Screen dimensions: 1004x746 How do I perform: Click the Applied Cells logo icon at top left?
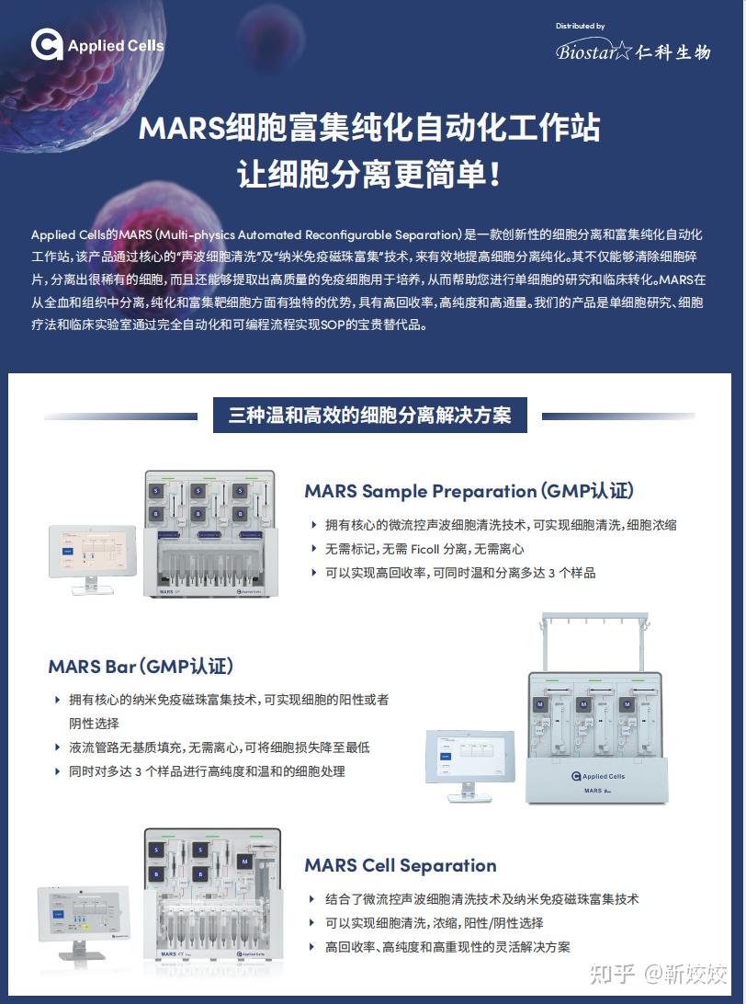pos(47,45)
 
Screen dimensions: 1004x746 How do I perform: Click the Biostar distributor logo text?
pos(632,51)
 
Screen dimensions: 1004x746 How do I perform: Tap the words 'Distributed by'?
pos(580,27)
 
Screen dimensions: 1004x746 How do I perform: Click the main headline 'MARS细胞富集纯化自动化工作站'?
pos(369,128)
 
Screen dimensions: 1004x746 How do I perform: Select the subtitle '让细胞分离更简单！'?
pos(369,175)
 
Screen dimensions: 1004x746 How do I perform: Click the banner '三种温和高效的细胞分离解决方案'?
pos(369,415)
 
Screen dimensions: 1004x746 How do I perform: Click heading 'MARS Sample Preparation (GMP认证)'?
pos(469,491)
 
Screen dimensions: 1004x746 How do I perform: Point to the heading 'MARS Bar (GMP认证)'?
pos(141,666)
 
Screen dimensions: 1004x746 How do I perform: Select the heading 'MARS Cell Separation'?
pos(400,865)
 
